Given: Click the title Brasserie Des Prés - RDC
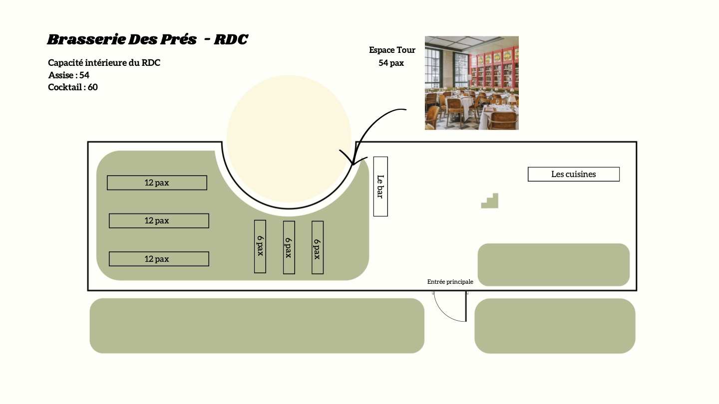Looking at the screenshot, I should [x=147, y=39].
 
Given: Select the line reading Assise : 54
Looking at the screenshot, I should [x=69, y=75].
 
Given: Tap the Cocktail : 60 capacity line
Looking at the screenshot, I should [x=73, y=87].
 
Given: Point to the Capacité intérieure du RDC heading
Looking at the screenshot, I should [x=104, y=63].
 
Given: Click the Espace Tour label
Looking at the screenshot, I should [x=392, y=50].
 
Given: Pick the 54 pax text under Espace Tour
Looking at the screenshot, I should [x=391, y=63].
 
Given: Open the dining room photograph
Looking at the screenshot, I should [x=471, y=83].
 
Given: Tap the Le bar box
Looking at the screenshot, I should [x=380, y=187].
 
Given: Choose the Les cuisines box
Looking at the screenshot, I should [x=573, y=174].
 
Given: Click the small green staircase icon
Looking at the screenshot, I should [x=490, y=201].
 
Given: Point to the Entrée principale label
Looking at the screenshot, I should [x=450, y=282].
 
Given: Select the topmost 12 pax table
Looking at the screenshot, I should [x=157, y=183].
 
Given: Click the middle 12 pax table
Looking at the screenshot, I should [x=159, y=220].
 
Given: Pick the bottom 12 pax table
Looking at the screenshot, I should [x=159, y=259].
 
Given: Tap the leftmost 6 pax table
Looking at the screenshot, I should [x=260, y=246].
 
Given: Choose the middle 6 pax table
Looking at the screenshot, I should [x=289, y=247].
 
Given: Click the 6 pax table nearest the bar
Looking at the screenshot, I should [x=318, y=247].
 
